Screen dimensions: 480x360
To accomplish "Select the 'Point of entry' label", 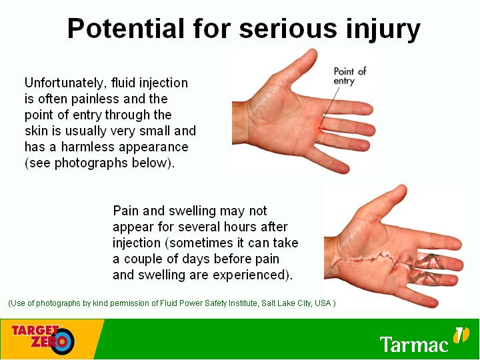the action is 349,76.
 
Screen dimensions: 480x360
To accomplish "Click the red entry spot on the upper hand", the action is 319,127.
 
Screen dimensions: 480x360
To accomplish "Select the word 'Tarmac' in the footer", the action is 414,344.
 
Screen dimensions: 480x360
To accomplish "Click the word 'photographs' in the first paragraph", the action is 91,163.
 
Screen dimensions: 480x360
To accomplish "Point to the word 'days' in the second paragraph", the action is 195,259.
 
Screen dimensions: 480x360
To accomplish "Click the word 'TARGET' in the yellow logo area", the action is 35,331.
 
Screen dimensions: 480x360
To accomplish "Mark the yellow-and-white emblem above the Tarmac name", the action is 461,335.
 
